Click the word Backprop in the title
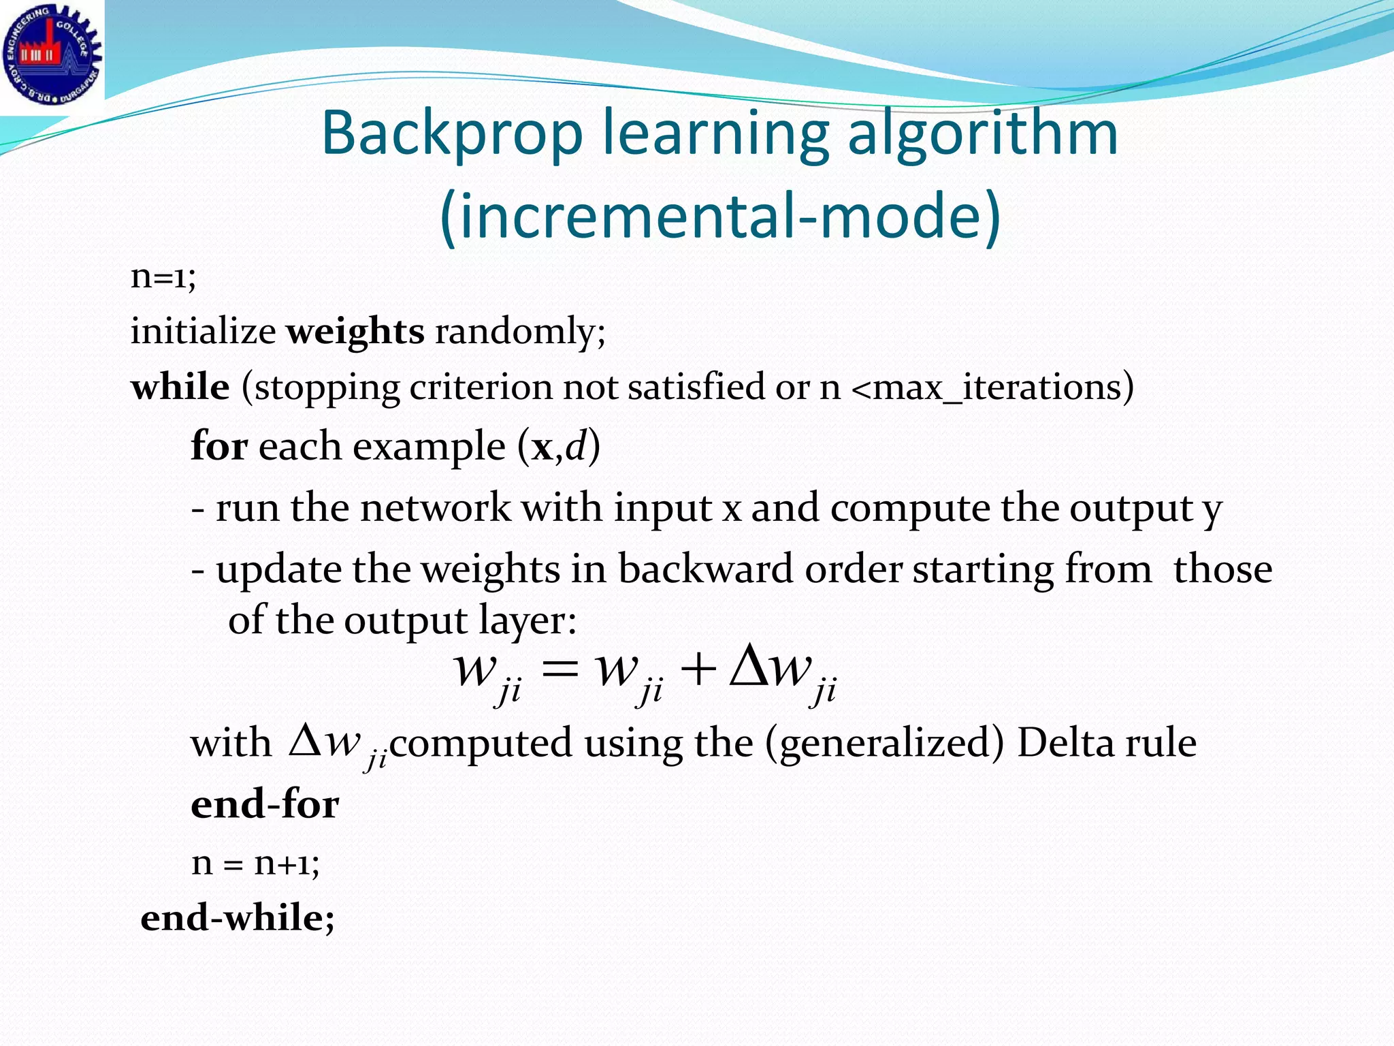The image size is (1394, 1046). pyautogui.click(x=452, y=133)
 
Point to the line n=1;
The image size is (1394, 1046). pyautogui.click(x=163, y=276)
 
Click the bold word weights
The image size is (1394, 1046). pyautogui.click(x=355, y=332)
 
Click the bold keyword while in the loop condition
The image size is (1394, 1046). pyautogui.click(x=180, y=387)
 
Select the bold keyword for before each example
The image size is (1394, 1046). pyautogui.click(x=218, y=446)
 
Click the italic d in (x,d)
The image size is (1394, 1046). pyautogui.click(x=576, y=446)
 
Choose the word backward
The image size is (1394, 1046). pyautogui.click(x=705, y=569)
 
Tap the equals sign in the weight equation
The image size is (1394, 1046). pyautogui.click(x=560, y=670)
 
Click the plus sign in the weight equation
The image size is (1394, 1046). pyautogui.click(x=698, y=670)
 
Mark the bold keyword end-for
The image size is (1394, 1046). pyautogui.click(x=265, y=804)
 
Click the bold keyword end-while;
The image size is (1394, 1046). pyautogui.click(x=238, y=918)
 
